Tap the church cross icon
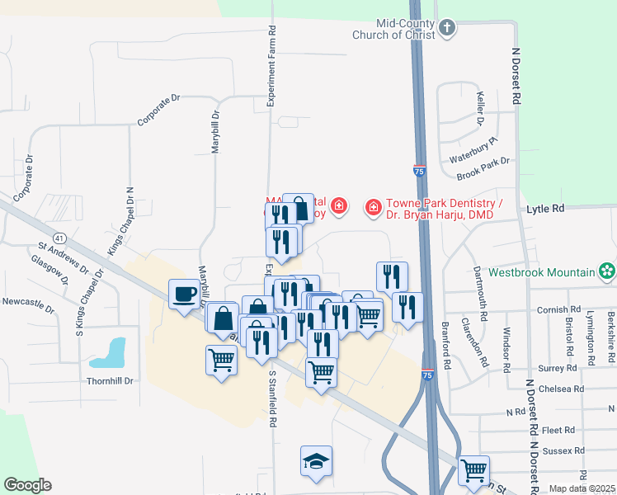(x=446, y=29)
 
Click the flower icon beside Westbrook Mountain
(x=607, y=271)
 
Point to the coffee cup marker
(x=183, y=293)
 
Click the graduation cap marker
(x=316, y=462)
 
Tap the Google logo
(x=27, y=485)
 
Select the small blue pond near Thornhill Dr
(x=110, y=352)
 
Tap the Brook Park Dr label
(x=484, y=167)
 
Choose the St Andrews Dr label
(x=63, y=257)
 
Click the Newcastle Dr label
(x=28, y=306)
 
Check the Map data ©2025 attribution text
(x=582, y=488)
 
